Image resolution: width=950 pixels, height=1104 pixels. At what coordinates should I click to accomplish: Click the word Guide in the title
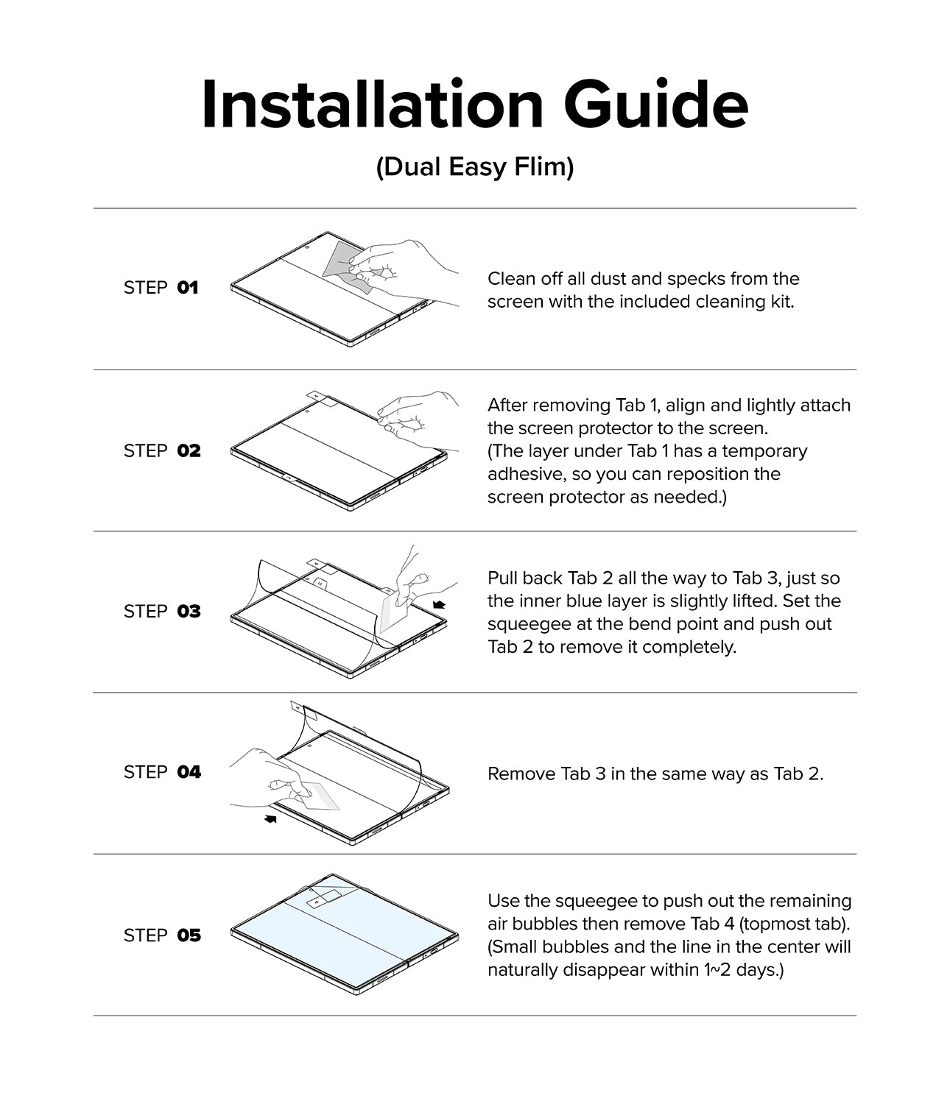(x=656, y=105)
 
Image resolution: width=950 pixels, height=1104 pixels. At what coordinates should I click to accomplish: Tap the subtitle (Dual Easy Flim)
(x=475, y=167)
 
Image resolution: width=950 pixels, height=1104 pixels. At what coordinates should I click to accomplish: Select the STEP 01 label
(x=161, y=288)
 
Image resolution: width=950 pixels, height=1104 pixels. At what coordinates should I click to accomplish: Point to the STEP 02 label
(x=161, y=450)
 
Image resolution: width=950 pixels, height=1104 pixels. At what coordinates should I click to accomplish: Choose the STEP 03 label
(x=161, y=612)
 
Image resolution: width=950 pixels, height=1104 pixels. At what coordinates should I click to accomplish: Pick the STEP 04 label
(x=161, y=772)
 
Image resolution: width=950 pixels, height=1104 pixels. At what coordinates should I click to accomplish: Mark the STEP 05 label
(x=161, y=935)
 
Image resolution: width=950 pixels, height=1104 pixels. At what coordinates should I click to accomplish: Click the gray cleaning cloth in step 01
(x=340, y=260)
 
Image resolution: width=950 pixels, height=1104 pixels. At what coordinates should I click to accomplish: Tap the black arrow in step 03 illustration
(x=440, y=604)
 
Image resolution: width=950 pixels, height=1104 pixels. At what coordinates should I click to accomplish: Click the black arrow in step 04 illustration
(x=270, y=818)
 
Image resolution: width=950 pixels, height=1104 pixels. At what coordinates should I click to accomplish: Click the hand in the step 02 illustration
(x=416, y=416)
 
